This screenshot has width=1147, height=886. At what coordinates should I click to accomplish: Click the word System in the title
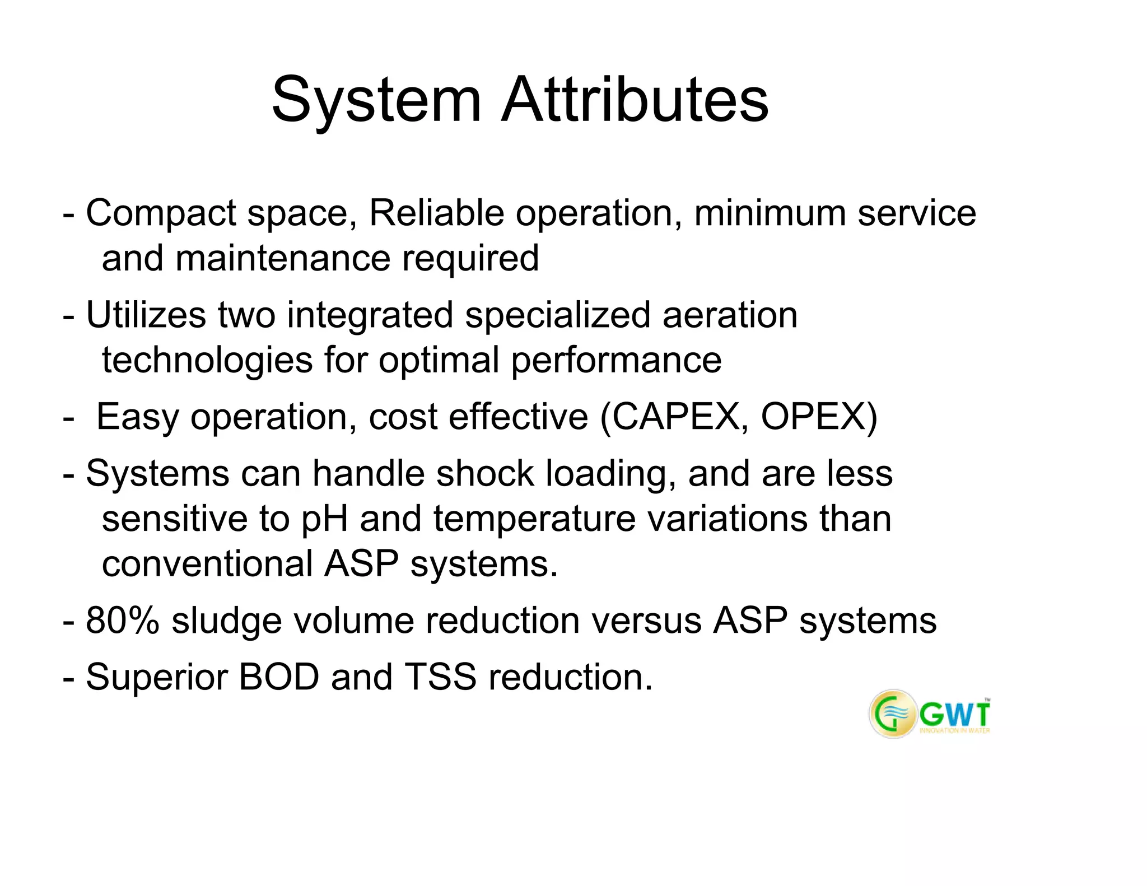tap(376, 101)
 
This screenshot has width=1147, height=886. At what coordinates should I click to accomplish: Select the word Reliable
tap(436, 213)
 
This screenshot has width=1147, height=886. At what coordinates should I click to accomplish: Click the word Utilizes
tap(146, 315)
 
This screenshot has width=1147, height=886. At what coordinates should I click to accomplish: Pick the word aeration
tap(730, 315)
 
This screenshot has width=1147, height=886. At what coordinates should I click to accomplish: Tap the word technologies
tap(207, 360)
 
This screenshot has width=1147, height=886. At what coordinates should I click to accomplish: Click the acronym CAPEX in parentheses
tap(674, 417)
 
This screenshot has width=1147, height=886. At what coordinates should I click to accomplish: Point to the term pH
tap(324, 519)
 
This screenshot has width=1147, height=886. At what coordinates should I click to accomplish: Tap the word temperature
tap(534, 519)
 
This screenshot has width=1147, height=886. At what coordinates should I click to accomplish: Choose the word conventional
tap(207, 564)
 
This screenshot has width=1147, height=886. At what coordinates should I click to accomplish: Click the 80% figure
tap(122, 621)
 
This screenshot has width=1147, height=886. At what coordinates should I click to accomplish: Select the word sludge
tap(226, 621)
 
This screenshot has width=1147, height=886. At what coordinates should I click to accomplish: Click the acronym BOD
tap(278, 678)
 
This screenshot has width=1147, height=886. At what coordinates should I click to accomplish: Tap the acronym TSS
tap(440, 678)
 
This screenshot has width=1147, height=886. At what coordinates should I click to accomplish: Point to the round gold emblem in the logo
tap(893, 714)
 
